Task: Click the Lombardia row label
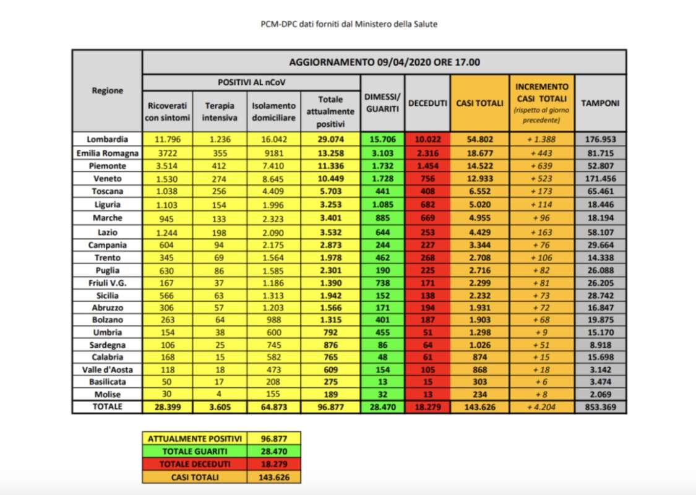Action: (x=107, y=139)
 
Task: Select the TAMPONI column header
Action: (x=600, y=103)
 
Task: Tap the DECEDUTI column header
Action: (x=427, y=103)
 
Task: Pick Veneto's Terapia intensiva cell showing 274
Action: (x=219, y=178)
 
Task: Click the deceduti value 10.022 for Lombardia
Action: (x=427, y=139)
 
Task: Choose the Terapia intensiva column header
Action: (x=219, y=111)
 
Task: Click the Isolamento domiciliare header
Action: (x=273, y=111)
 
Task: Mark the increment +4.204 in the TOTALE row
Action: (x=541, y=407)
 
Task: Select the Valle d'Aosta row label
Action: (x=107, y=369)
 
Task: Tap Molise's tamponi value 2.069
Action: (x=600, y=394)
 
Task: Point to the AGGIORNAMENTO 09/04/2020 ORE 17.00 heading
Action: (x=384, y=62)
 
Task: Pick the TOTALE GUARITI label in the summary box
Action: (x=194, y=451)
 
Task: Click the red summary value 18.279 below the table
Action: (x=273, y=464)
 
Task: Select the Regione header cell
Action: (x=107, y=90)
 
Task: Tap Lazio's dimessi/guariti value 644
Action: (x=382, y=232)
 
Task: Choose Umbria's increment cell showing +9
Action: (x=541, y=332)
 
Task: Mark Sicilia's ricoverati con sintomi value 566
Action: (x=168, y=295)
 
